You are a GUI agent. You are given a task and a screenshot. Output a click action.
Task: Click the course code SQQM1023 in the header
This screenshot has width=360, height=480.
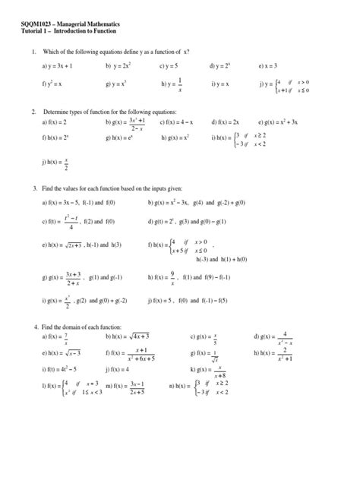pos(36,28)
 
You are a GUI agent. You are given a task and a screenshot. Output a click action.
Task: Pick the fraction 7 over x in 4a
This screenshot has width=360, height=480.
pos(66,336)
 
